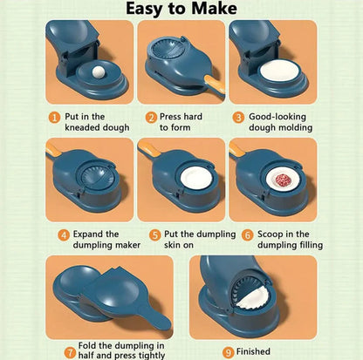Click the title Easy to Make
pyautogui.click(x=181, y=10)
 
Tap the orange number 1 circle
pyautogui.click(x=53, y=116)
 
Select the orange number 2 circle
pyautogui.click(x=151, y=116)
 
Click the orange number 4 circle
pyautogui.click(x=64, y=234)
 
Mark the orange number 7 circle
pyautogui.click(x=70, y=352)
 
